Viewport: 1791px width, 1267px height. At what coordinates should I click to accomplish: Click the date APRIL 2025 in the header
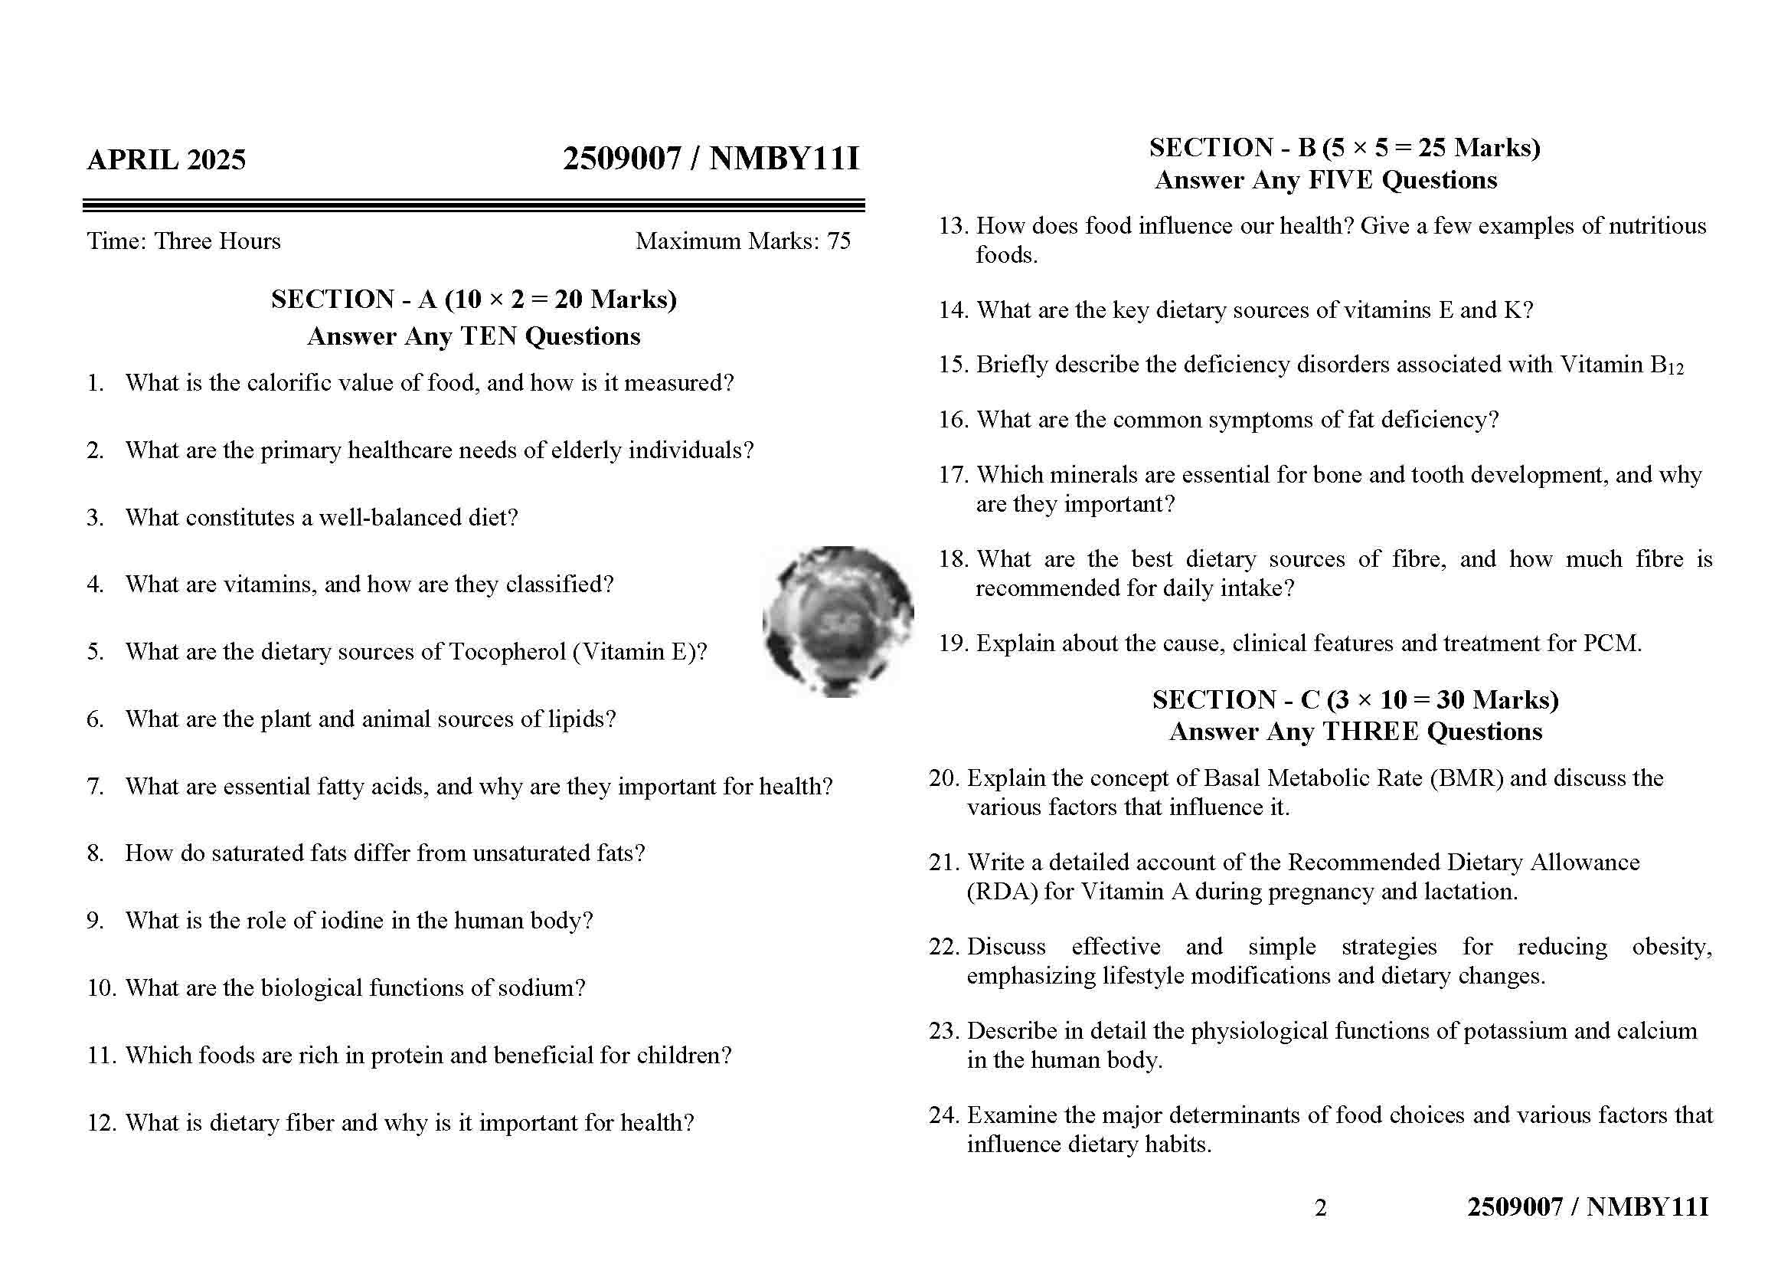pyautogui.click(x=166, y=160)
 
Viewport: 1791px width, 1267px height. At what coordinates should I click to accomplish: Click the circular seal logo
pyautogui.click(x=838, y=621)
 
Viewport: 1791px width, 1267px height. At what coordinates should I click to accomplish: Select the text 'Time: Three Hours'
pyautogui.click(x=183, y=241)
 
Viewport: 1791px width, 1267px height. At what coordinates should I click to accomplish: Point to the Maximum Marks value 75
pyautogui.click(x=838, y=241)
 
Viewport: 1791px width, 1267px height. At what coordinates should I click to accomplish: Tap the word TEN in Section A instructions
pyautogui.click(x=489, y=336)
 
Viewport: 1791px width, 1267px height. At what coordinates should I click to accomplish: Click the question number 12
pyautogui.click(x=100, y=1123)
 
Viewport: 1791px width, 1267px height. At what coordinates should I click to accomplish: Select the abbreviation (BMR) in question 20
pyautogui.click(x=1466, y=778)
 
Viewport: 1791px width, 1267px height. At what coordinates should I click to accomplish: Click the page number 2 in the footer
pyautogui.click(x=1320, y=1208)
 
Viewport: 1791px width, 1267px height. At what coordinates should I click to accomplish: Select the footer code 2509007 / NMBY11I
pyautogui.click(x=1587, y=1207)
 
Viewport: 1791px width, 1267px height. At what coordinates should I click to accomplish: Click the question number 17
pyautogui.click(x=953, y=475)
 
